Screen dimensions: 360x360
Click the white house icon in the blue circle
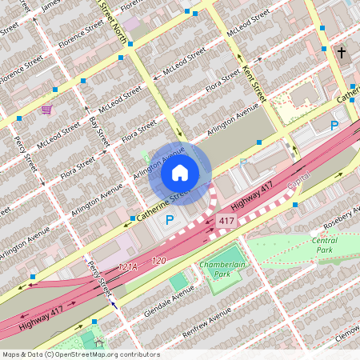click(180, 172)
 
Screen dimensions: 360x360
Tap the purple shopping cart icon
click(46, 109)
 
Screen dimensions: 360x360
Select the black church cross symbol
click(342, 54)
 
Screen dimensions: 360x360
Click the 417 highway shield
click(226, 220)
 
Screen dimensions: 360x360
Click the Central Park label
click(324, 245)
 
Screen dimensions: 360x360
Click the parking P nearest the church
click(334, 125)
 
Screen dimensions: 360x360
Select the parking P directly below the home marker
click(169, 219)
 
